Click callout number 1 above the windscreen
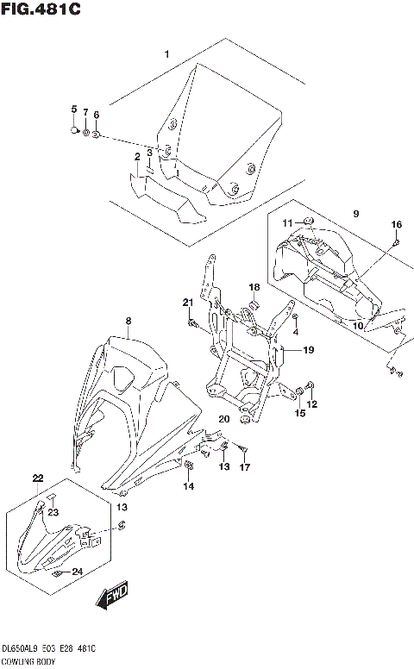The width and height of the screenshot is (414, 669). [167, 55]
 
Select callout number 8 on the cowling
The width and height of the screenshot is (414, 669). [129, 322]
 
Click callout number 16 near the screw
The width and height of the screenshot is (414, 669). [397, 225]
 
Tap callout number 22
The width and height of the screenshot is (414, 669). [37, 478]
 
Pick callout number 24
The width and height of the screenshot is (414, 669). [77, 571]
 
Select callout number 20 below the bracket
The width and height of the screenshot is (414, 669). [224, 419]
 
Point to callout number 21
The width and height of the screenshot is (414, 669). [186, 302]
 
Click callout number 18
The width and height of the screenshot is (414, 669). [254, 287]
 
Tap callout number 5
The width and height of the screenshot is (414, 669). [74, 109]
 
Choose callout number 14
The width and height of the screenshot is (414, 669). [188, 487]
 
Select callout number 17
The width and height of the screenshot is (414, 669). [245, 468]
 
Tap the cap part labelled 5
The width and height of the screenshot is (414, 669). [74, 130]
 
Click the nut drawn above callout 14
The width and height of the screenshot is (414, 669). [188, 466]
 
